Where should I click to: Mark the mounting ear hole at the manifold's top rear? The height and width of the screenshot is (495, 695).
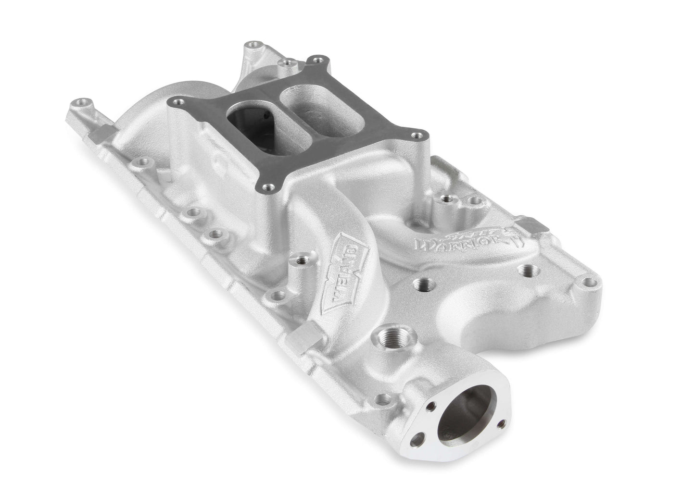coord(251,49)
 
